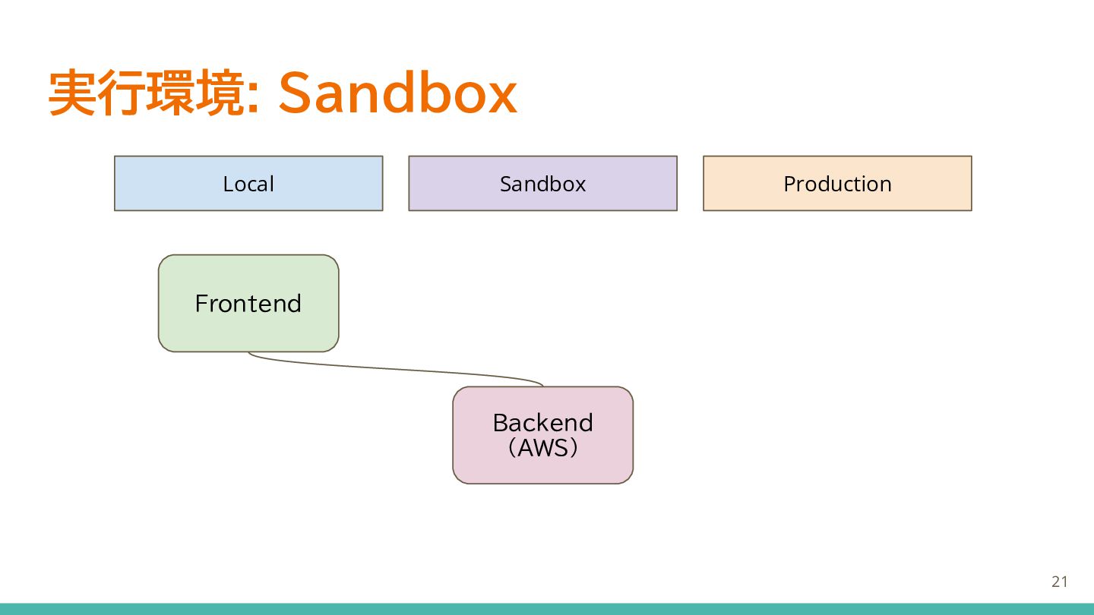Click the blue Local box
(248, 184)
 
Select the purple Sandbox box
(542, 184)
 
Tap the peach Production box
(837, 184)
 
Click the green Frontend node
(248, 303)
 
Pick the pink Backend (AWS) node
(542, 435)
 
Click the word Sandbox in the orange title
(397, 93)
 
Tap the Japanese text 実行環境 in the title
(147, 93)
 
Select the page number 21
(1060, 582)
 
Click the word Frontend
(248, 304)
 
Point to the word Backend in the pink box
(542, 423)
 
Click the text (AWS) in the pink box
(542, 448)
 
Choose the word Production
(837, 184)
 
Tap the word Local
(248, 184)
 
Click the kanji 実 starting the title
(72, 93)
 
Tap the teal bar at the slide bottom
(547, 609)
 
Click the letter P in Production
(790, 184)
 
